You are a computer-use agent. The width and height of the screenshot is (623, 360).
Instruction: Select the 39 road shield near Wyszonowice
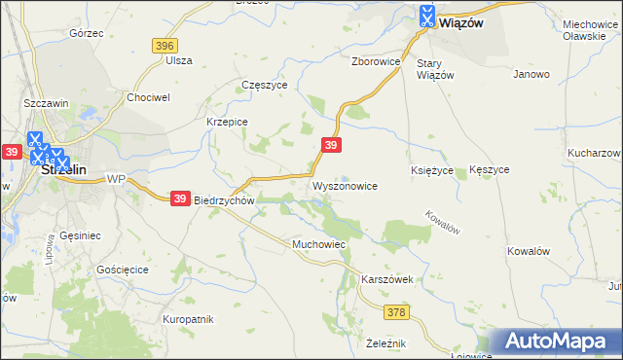332,145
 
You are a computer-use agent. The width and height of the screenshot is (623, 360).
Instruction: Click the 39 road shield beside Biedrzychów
180,198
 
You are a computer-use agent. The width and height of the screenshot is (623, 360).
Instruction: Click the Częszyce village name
264,85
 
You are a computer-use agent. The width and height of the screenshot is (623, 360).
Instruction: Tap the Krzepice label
228,122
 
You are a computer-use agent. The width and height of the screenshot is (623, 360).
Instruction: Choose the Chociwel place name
149,97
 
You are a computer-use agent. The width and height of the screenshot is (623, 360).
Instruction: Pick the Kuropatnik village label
188,319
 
